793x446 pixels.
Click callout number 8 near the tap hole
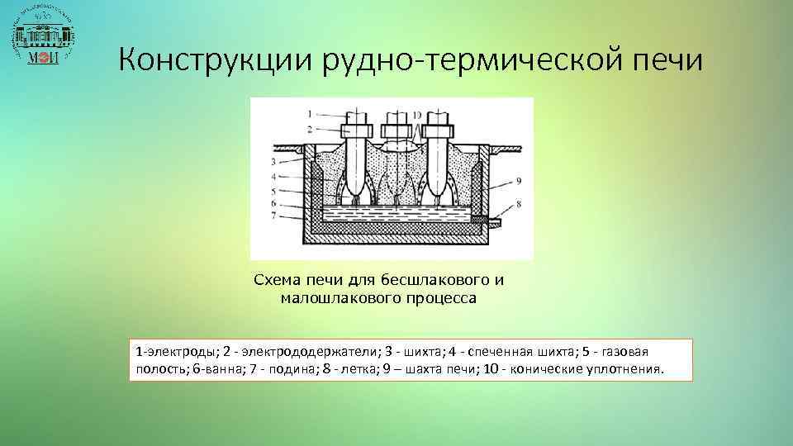517,202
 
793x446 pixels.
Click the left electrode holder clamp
356,129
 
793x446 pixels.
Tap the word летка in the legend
348,369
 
